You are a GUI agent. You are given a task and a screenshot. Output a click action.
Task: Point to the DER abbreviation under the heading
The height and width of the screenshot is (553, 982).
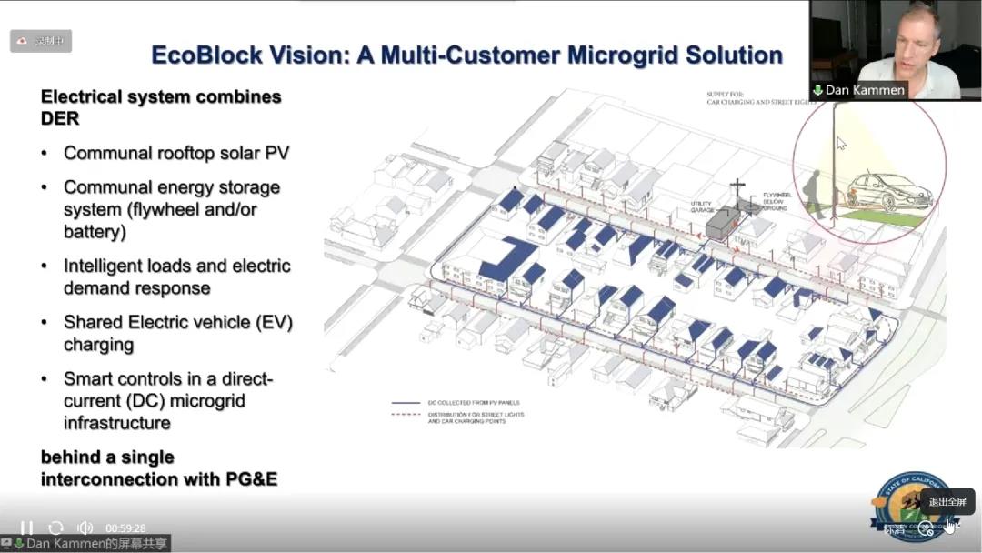coord(60,118)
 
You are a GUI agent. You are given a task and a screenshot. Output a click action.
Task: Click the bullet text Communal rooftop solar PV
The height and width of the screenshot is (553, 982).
coord(176,153)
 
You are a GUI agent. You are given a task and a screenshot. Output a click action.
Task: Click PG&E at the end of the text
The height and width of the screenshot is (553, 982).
coord(251,478)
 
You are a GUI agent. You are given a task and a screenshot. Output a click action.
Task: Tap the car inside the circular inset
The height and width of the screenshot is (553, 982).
coord(890,192)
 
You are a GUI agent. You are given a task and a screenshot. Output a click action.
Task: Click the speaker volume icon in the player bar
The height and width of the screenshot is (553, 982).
coord(85,528)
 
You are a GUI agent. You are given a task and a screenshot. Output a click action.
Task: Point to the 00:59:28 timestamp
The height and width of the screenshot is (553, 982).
coord(125,528)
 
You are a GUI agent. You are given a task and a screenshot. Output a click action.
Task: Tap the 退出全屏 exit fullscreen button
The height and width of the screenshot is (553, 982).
coord(947,501)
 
